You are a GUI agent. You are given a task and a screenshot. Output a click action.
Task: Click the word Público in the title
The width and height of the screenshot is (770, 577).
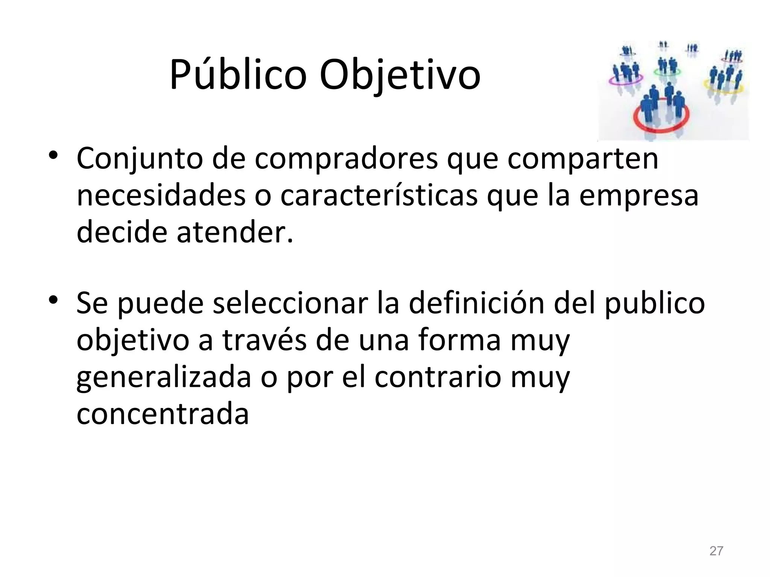[x=238, y=75]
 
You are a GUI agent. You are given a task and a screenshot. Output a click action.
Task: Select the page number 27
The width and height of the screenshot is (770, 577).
[x=716, y=551]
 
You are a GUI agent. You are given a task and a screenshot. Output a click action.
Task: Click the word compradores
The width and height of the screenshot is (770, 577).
[x=346, y=159]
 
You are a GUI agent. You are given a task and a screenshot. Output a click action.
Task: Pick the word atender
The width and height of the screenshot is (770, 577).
[x=234, y=232]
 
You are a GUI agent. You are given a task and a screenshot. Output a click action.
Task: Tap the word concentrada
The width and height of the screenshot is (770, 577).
[x=162, y=413]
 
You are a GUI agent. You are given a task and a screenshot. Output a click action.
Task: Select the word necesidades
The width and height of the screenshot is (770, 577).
[x=161, y=195]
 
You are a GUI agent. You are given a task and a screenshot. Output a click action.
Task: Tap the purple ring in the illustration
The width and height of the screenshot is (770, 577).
[x=625, y=80]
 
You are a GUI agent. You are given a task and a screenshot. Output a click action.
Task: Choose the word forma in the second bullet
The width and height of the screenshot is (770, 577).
[x=459, y=340]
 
